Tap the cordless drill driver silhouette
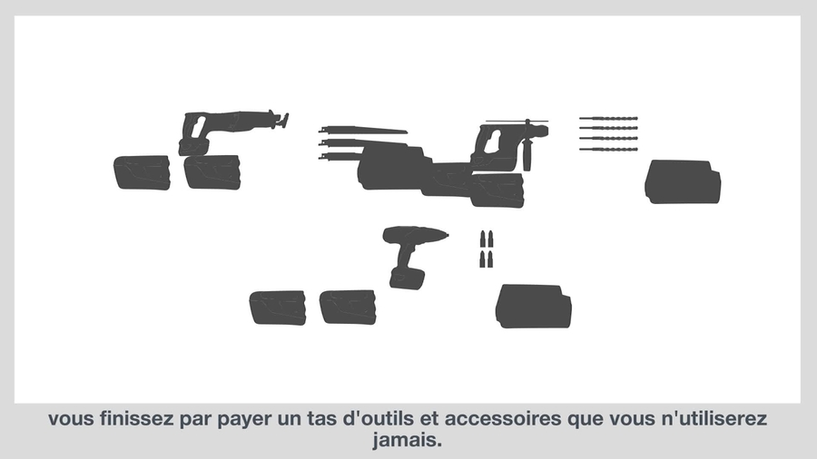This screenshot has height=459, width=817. point(411,256)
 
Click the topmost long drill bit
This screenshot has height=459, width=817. point(608,119)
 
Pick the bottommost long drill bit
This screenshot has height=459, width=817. point(608,150)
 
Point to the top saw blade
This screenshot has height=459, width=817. point(362,130)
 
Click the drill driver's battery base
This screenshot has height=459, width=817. point(407,278)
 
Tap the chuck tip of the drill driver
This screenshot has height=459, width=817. point(447,236)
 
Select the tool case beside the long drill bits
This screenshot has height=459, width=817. point(683,181)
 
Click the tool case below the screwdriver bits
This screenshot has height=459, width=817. point(533,307)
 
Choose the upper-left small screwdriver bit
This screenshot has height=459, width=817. point(483,239)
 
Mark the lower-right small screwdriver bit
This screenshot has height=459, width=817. point(490,259)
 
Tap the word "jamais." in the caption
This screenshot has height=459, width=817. point(407,440)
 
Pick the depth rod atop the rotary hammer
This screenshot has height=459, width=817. point(517,122)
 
